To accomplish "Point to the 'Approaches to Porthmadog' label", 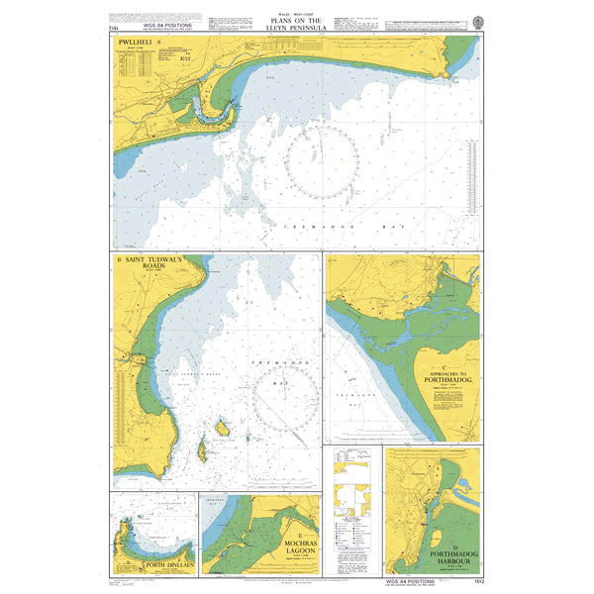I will pyautogui.click(x=450, y=353).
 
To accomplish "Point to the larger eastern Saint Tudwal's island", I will pyautogui.click(x=222, y=428).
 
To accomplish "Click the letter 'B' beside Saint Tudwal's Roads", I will pyautogui.click(x=119, y=261).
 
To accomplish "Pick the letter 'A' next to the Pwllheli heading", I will pyautogui.click(x=172, y=44).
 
